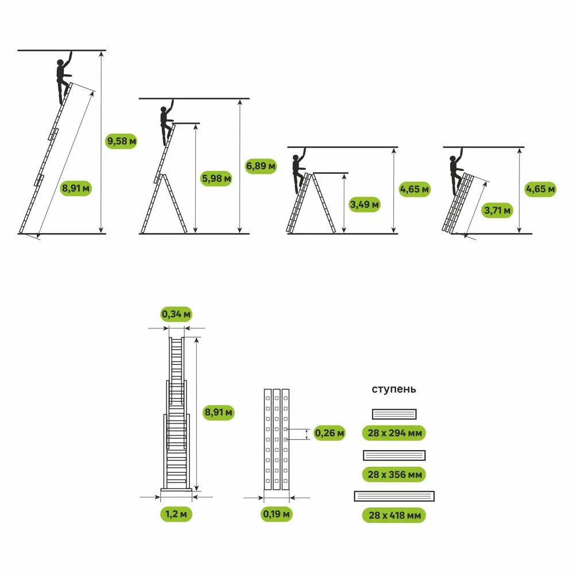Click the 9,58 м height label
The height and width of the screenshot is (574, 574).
click(121, 141)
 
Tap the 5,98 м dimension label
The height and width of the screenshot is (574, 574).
click(217, 179)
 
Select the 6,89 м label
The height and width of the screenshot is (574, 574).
click(261, 166)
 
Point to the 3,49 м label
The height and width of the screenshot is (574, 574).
click(364, 204)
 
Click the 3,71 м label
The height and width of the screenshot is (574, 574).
click(497, 210)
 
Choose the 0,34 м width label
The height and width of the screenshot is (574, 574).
click(176, 314)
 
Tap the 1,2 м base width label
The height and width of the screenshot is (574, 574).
click(176, 514)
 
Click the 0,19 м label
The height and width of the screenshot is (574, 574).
click(277, 514)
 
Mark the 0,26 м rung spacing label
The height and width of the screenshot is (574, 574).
click(329, 433)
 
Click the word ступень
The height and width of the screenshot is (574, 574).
click(394, 389)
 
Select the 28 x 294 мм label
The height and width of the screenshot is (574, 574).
click(394, 433)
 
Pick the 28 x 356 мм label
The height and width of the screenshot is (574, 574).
click(394, 475)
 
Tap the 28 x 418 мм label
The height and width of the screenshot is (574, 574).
click(394, 515)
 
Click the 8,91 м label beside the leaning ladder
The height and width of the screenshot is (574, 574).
click(76, 188)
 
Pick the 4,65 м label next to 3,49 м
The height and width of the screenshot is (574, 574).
click(415, 189)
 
